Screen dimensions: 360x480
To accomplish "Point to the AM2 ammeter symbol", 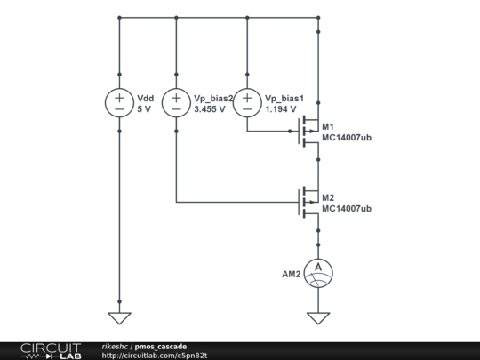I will (317, 271).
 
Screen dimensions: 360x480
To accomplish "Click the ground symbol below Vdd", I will (119, 317).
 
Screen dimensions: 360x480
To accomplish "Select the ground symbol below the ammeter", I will (317, 317).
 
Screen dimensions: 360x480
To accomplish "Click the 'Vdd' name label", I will (147, 97).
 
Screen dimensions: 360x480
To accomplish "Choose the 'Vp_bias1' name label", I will (285, 97).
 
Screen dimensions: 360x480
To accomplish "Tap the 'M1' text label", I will (328, 125).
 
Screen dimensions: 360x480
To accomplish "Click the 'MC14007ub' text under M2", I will (347, 208).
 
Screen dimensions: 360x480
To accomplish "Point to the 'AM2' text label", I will (292, 271).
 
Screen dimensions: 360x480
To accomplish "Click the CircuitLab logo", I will (50, 350).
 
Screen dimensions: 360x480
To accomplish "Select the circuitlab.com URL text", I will (155, 356).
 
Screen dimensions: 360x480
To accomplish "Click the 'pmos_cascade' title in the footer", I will (161, 346).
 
